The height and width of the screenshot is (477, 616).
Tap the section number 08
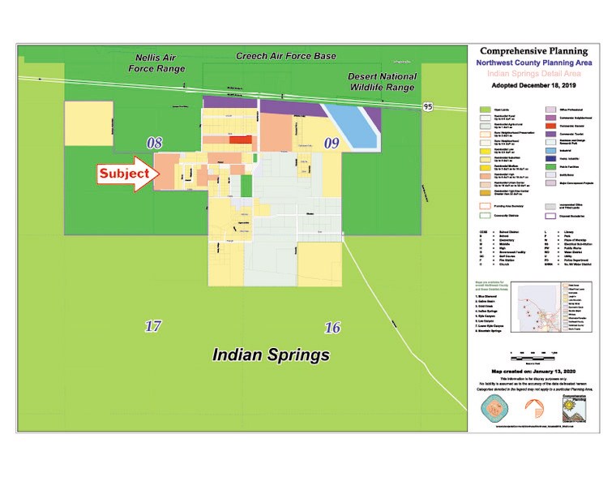[x=154, y=143]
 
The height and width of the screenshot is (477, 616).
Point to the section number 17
[x=152, y=326]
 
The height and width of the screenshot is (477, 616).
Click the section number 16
[x=332, y=327]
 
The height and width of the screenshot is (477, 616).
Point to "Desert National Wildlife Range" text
[x=383, y=82]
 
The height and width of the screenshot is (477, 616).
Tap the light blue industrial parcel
[x=350, y=126]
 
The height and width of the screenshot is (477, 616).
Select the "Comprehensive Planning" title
[x=535, y=50]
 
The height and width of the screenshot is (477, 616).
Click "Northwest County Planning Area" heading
[x=535, y=62]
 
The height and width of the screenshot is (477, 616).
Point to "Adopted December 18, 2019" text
[x=535, y=85]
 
